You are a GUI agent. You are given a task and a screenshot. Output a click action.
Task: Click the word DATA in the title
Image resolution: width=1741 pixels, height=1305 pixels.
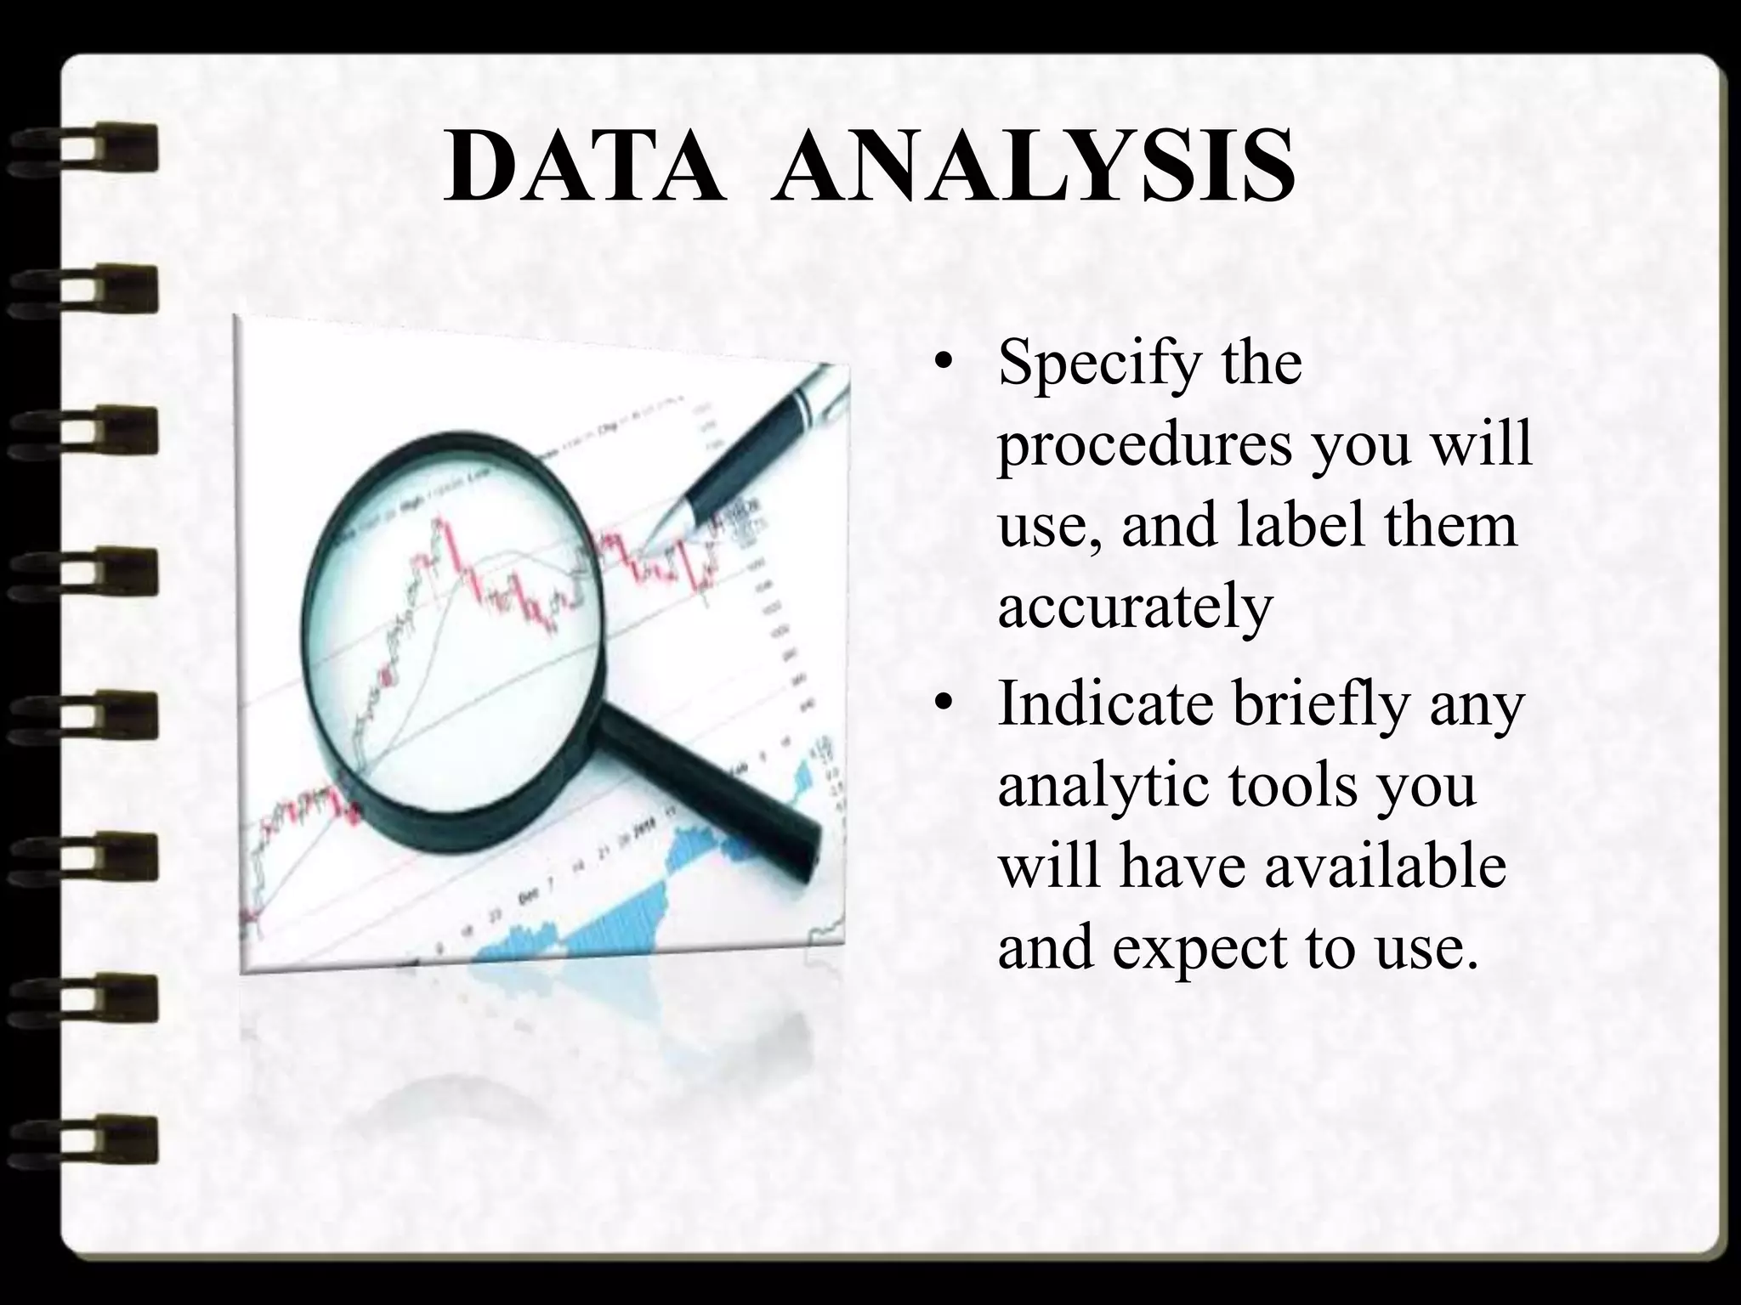point(586,167)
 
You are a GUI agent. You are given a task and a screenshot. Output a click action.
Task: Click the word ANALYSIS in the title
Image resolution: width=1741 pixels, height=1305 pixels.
point(1033,167)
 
